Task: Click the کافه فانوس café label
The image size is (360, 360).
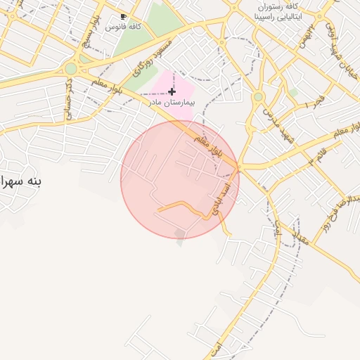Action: [123, 26]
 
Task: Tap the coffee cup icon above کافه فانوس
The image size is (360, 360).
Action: [124, 16]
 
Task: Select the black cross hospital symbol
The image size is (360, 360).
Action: [172, 91]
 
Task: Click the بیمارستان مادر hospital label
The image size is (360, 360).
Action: [170, 102]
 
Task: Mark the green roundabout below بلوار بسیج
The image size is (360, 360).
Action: [71, 69]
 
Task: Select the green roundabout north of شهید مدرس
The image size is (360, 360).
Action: [259, 96]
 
